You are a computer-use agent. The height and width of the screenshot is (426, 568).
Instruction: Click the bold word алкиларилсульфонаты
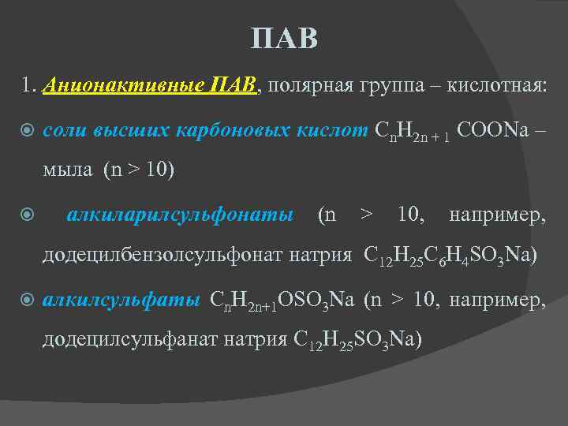pos(181,214)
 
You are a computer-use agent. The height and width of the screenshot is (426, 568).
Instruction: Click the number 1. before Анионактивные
pos(30,84)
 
